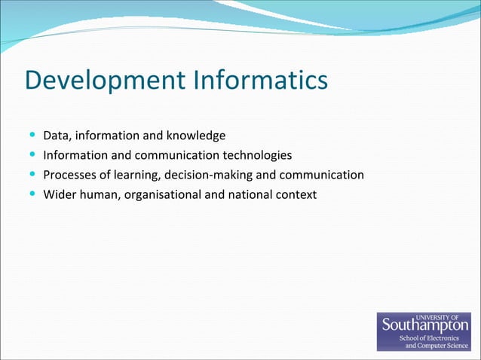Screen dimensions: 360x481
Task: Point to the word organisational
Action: pos(161,195)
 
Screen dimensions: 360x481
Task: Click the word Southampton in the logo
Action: pos(425,325)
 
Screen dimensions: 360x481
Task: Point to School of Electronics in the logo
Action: pos(434,338)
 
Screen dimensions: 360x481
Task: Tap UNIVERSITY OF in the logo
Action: pos(448,316)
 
